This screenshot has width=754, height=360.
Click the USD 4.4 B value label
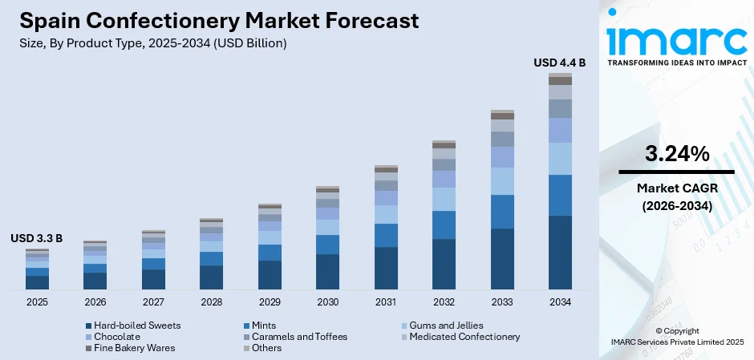coord(560,62)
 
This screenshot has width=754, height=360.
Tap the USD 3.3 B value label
coord(36,238)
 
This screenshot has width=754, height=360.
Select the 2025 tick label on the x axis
coord(37,302)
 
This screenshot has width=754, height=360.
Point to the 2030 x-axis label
coord(327,302)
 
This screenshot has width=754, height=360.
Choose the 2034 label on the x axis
coord(560,302)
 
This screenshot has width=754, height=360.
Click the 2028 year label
coord(211,302)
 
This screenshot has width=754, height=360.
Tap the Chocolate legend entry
coord(116,337)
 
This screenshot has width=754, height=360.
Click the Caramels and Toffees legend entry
coord(298,337)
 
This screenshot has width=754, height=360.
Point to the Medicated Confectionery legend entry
coord(464,337)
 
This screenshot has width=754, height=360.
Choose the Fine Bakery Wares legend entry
coord(134,348)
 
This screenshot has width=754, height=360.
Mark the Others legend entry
coord(266,348)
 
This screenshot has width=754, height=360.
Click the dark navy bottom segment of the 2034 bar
coord(560,253)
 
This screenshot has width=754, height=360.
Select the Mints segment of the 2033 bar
coord(502,212)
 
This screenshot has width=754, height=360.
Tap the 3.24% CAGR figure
coord(676,154)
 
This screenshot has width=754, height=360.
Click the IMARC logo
coord(676,40)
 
